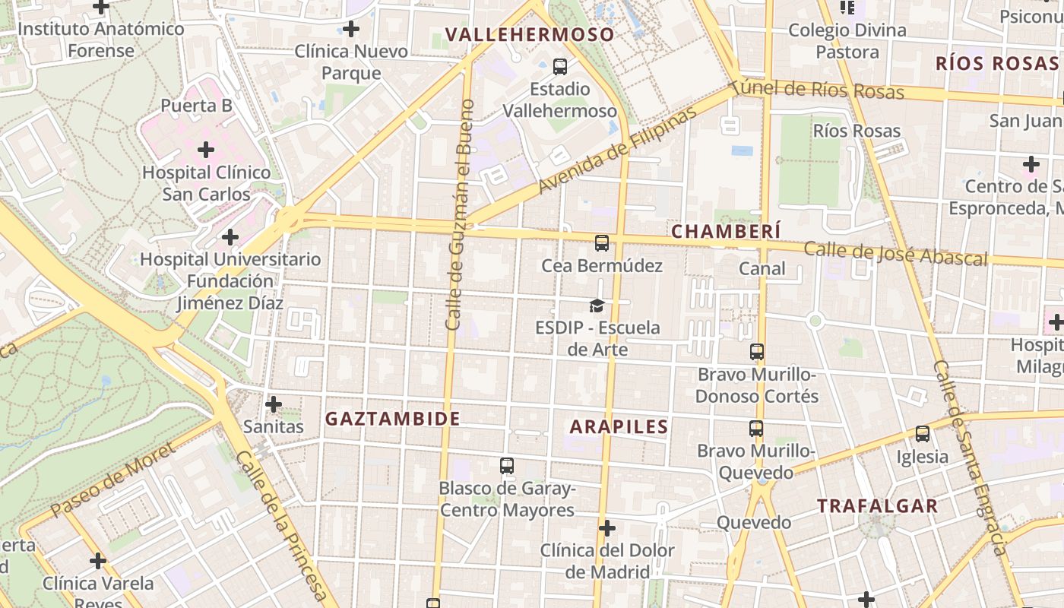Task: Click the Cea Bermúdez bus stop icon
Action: (x=602, y=243)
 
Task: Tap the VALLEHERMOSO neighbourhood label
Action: (x=530, y=34)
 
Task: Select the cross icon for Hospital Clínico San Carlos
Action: (x=206, y=150)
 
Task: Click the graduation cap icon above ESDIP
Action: (x=597, y=306)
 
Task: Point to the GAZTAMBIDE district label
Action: (x=393, y=419)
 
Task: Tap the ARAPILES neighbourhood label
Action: (x=619, y=426)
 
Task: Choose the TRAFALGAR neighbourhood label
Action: (x=877, y=506)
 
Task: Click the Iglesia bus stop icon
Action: (x=923, y=434)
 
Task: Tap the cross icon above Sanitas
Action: (x=274, y=404)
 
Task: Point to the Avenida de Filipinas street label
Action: (x=617, y=150)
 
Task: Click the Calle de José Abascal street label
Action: (x=895, y=253)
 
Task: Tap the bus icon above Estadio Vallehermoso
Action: (x=560, y=67)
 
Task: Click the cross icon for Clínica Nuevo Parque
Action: (x=351, y=30)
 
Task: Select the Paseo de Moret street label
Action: (x=114, y=480)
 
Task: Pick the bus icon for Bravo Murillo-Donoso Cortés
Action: (x=757, y=352)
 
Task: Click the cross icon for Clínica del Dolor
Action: (x=606, y=527)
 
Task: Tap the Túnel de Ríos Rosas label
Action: (x=818, y=90)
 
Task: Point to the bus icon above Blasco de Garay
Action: (x=507, y=466)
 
